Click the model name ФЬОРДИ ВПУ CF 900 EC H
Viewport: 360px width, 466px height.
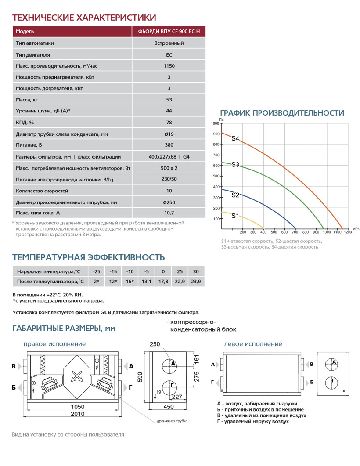coord(169,32)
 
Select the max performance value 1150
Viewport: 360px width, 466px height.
coord(169,66)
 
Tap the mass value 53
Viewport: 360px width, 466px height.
coord(169,100)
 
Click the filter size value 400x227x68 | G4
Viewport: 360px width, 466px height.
coord(169,157)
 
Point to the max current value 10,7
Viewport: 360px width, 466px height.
coord(169,213)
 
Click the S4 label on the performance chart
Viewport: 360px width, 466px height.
coord(235,139)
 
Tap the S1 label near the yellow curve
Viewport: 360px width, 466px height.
coord(235,216)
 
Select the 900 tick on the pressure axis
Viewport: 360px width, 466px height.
coord(216,134)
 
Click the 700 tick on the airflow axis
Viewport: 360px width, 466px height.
coord(295,232)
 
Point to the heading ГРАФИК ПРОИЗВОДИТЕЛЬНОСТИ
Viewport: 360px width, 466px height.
coord(282,113)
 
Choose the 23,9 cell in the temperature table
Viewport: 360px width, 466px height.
coord(196,282)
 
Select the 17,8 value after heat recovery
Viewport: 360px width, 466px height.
coord(163,282)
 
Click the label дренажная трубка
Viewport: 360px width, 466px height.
coord(172,421)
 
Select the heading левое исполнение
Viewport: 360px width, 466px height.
coord(253,344)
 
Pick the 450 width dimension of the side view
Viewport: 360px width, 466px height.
coord(169,407)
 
